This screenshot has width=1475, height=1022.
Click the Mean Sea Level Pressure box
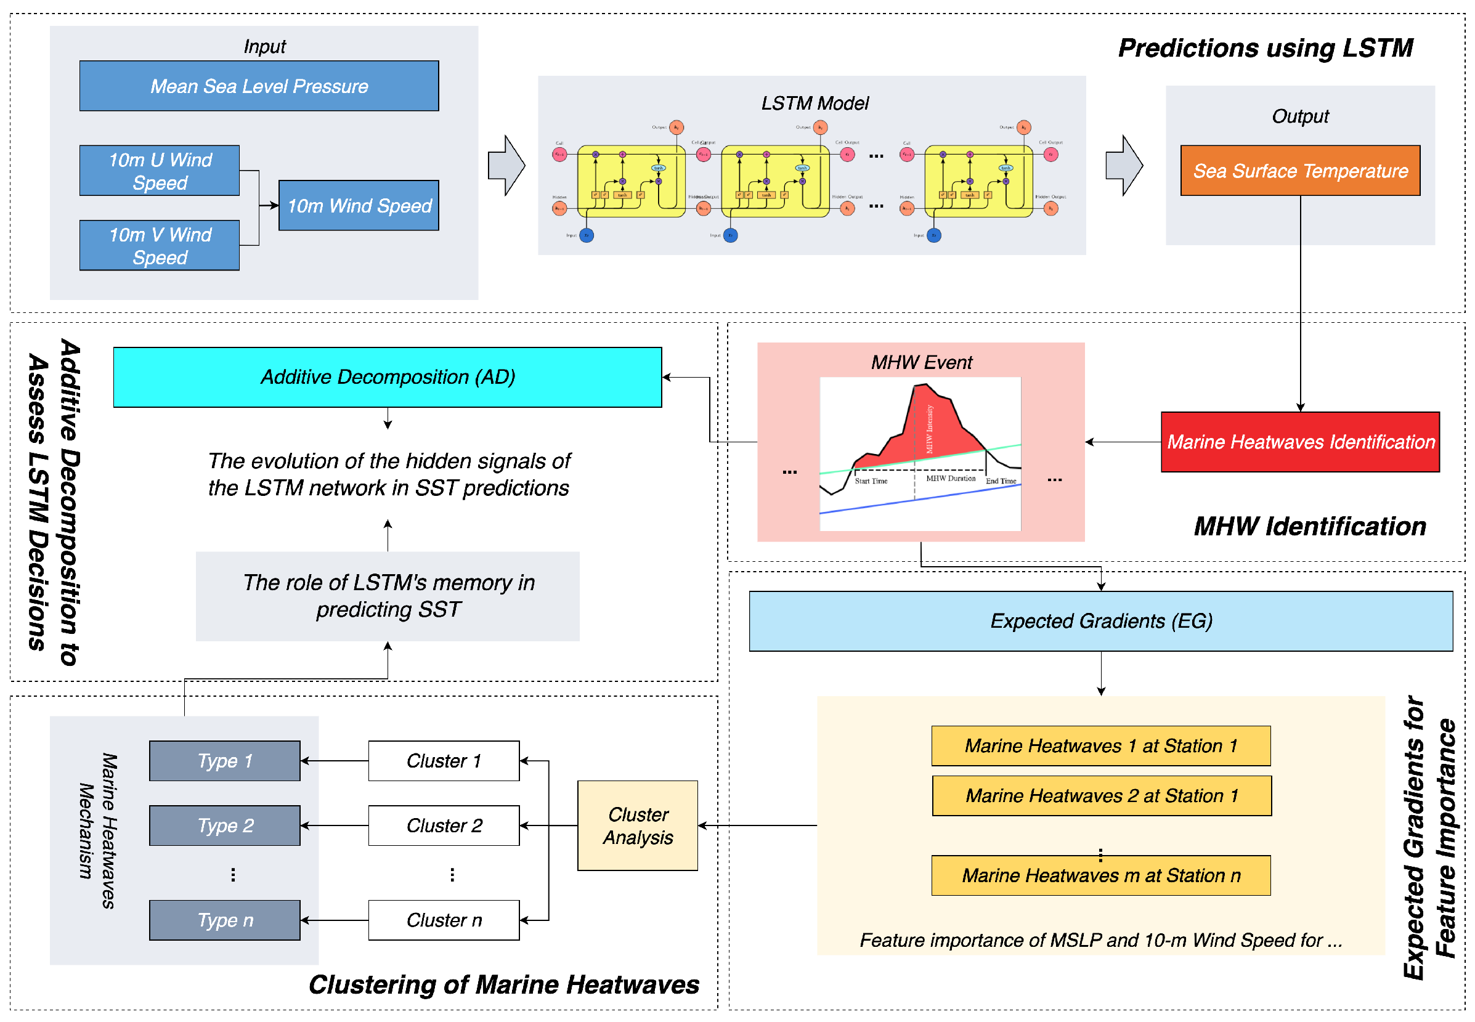click(x=259, y=86)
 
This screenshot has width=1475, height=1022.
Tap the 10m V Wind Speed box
click(x=160, y=245)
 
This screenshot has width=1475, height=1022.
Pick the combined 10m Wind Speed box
click(x=359, y=206)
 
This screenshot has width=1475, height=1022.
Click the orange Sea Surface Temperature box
click(x=1299, y=170)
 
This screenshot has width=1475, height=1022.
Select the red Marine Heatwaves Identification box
click(x=1299, y=442)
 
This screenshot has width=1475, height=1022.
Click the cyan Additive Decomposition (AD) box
click(x=387, y=377)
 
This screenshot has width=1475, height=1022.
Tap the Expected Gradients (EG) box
click(x=1100, y=621)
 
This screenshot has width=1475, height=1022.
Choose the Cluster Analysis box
click(x=637, y=825)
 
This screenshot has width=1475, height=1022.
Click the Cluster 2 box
click(x=444, y=825)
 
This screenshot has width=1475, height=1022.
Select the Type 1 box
click(x=225, y=761)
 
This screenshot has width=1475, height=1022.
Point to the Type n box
click(x=225, y=920)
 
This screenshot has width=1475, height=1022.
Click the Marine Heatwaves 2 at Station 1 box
click(x=1102, y=796)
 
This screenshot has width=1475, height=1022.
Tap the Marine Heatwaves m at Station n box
click(x=1100, y=875)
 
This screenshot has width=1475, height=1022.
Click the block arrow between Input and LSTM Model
click(x=506, y=166)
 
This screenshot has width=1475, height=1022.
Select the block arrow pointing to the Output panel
click(x=1124, y=166)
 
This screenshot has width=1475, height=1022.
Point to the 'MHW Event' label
click(x=921, y=362)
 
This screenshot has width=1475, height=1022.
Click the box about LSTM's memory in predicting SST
click(x=388, y=596)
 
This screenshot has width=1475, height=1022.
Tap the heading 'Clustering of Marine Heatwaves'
click(x=503, y=985)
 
